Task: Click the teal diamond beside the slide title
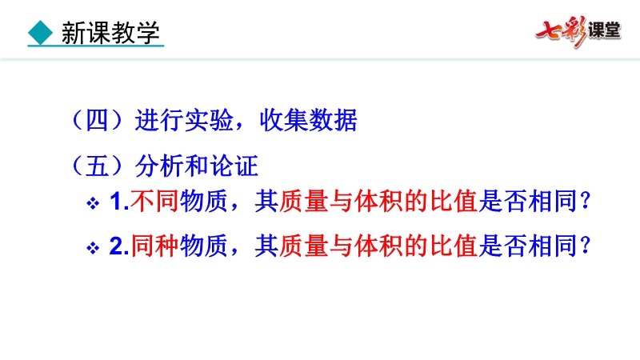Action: point(41,32)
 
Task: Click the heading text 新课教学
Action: point(110,33)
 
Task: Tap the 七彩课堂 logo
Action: point(578,31)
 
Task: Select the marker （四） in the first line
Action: point(97,120)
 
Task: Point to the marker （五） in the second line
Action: point(97,166)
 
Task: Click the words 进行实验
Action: point(185,120)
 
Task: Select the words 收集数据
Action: point(309,120)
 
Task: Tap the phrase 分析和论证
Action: point(197,166)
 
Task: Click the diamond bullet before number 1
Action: point(93,203)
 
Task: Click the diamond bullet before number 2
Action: point(93,248)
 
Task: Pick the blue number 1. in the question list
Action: point(119,202)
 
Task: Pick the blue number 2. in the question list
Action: point(119,246)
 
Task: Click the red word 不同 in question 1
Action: point(154,202)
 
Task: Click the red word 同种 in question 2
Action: point(154,246)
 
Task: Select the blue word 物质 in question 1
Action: point(204,202)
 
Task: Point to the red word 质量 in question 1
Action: point(304,202)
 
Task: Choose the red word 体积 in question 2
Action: point(378,246)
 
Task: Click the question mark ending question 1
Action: point(586,201)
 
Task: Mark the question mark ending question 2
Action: point(586,246)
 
